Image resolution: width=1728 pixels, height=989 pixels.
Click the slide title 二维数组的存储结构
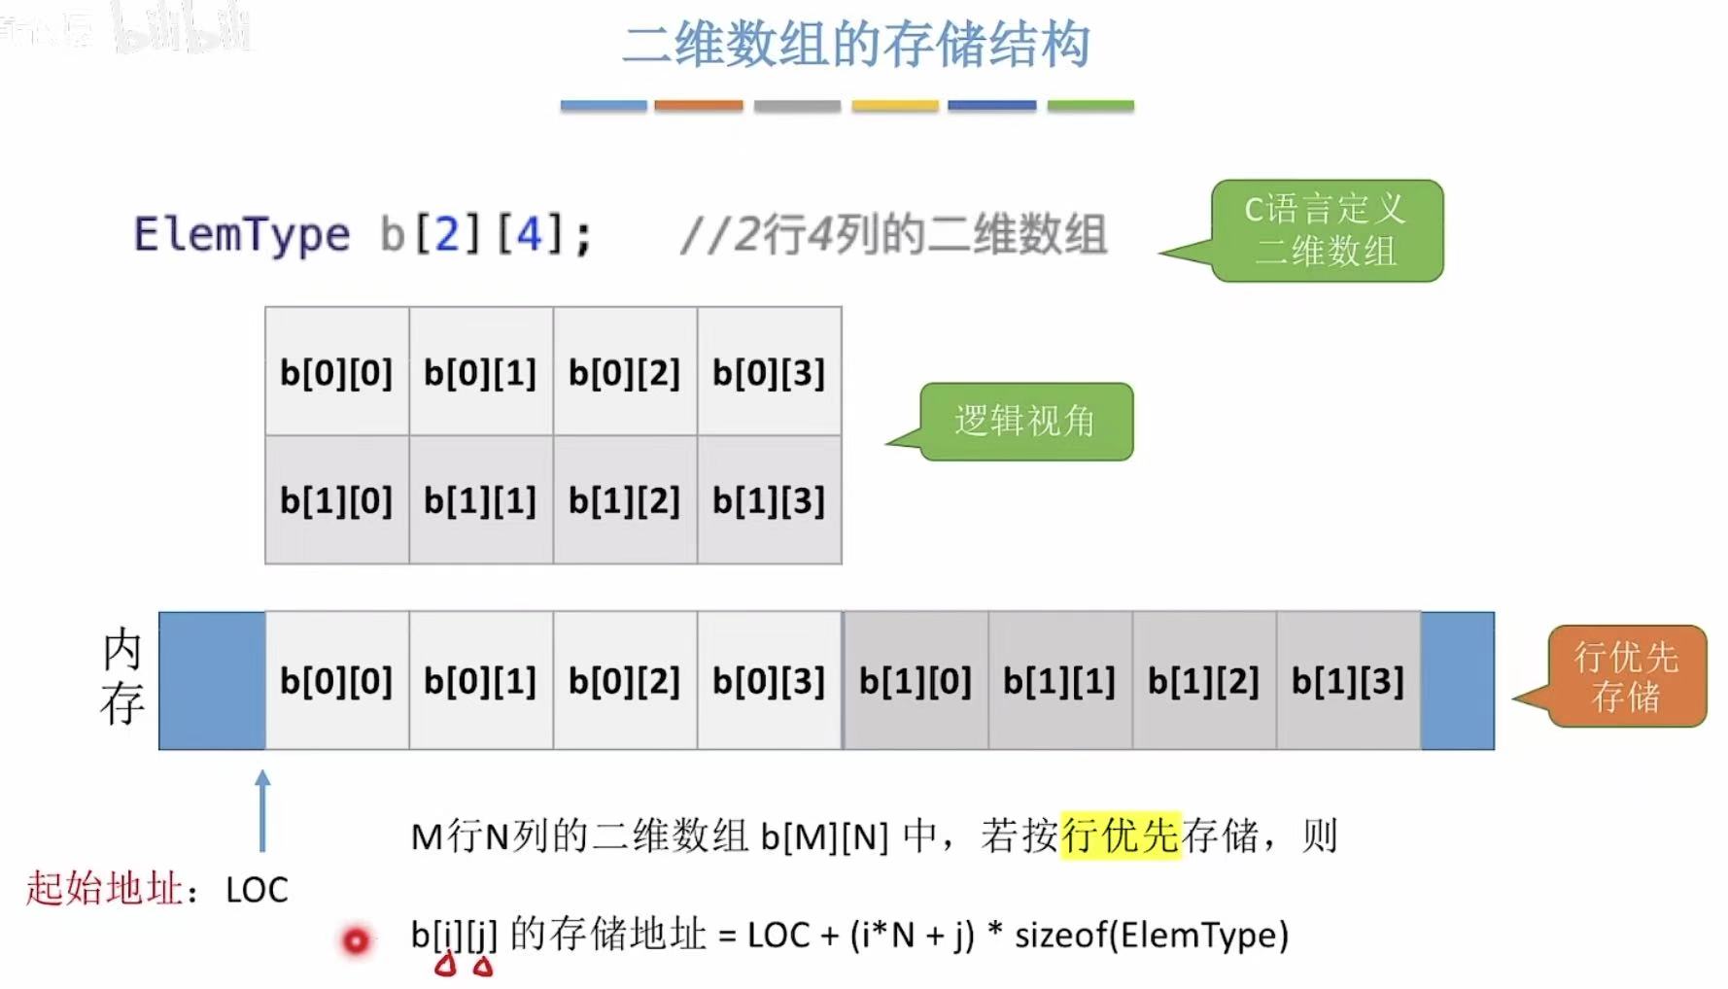pos(855,46)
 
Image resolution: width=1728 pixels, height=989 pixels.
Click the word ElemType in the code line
pos(241,235)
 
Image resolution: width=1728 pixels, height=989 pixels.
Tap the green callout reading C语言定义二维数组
pos(1327,231)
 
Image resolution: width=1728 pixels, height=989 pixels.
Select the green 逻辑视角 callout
pos(1025,422)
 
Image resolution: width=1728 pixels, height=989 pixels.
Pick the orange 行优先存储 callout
pos(1626,677)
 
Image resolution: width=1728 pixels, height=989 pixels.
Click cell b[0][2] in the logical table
pos(625,372)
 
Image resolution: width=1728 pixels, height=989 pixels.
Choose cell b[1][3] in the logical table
pos(769,500)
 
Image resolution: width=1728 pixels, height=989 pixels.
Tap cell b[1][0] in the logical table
pos(336,500)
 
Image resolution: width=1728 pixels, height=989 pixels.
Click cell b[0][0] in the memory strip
pos(336,681)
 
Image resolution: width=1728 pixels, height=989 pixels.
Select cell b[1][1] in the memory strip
pos(1059,681)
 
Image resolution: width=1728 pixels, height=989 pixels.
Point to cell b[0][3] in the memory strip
pos(769,681)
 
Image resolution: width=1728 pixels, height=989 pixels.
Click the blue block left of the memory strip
pos(212,681)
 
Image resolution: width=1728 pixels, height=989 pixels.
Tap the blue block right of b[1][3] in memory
pos(1457,681)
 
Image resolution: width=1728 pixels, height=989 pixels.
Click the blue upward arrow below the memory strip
pos(262,811)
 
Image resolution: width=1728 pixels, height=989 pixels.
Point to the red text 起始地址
pos(104,888)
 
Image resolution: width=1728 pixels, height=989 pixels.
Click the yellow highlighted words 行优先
pos(1120,836)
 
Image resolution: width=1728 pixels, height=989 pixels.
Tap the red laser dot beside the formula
pos(356,940)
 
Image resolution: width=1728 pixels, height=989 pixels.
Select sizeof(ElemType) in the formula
pos(1151,935)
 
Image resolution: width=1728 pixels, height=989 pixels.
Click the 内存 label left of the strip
pos(122,677)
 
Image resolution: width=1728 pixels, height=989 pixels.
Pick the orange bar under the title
pos(698,105)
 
